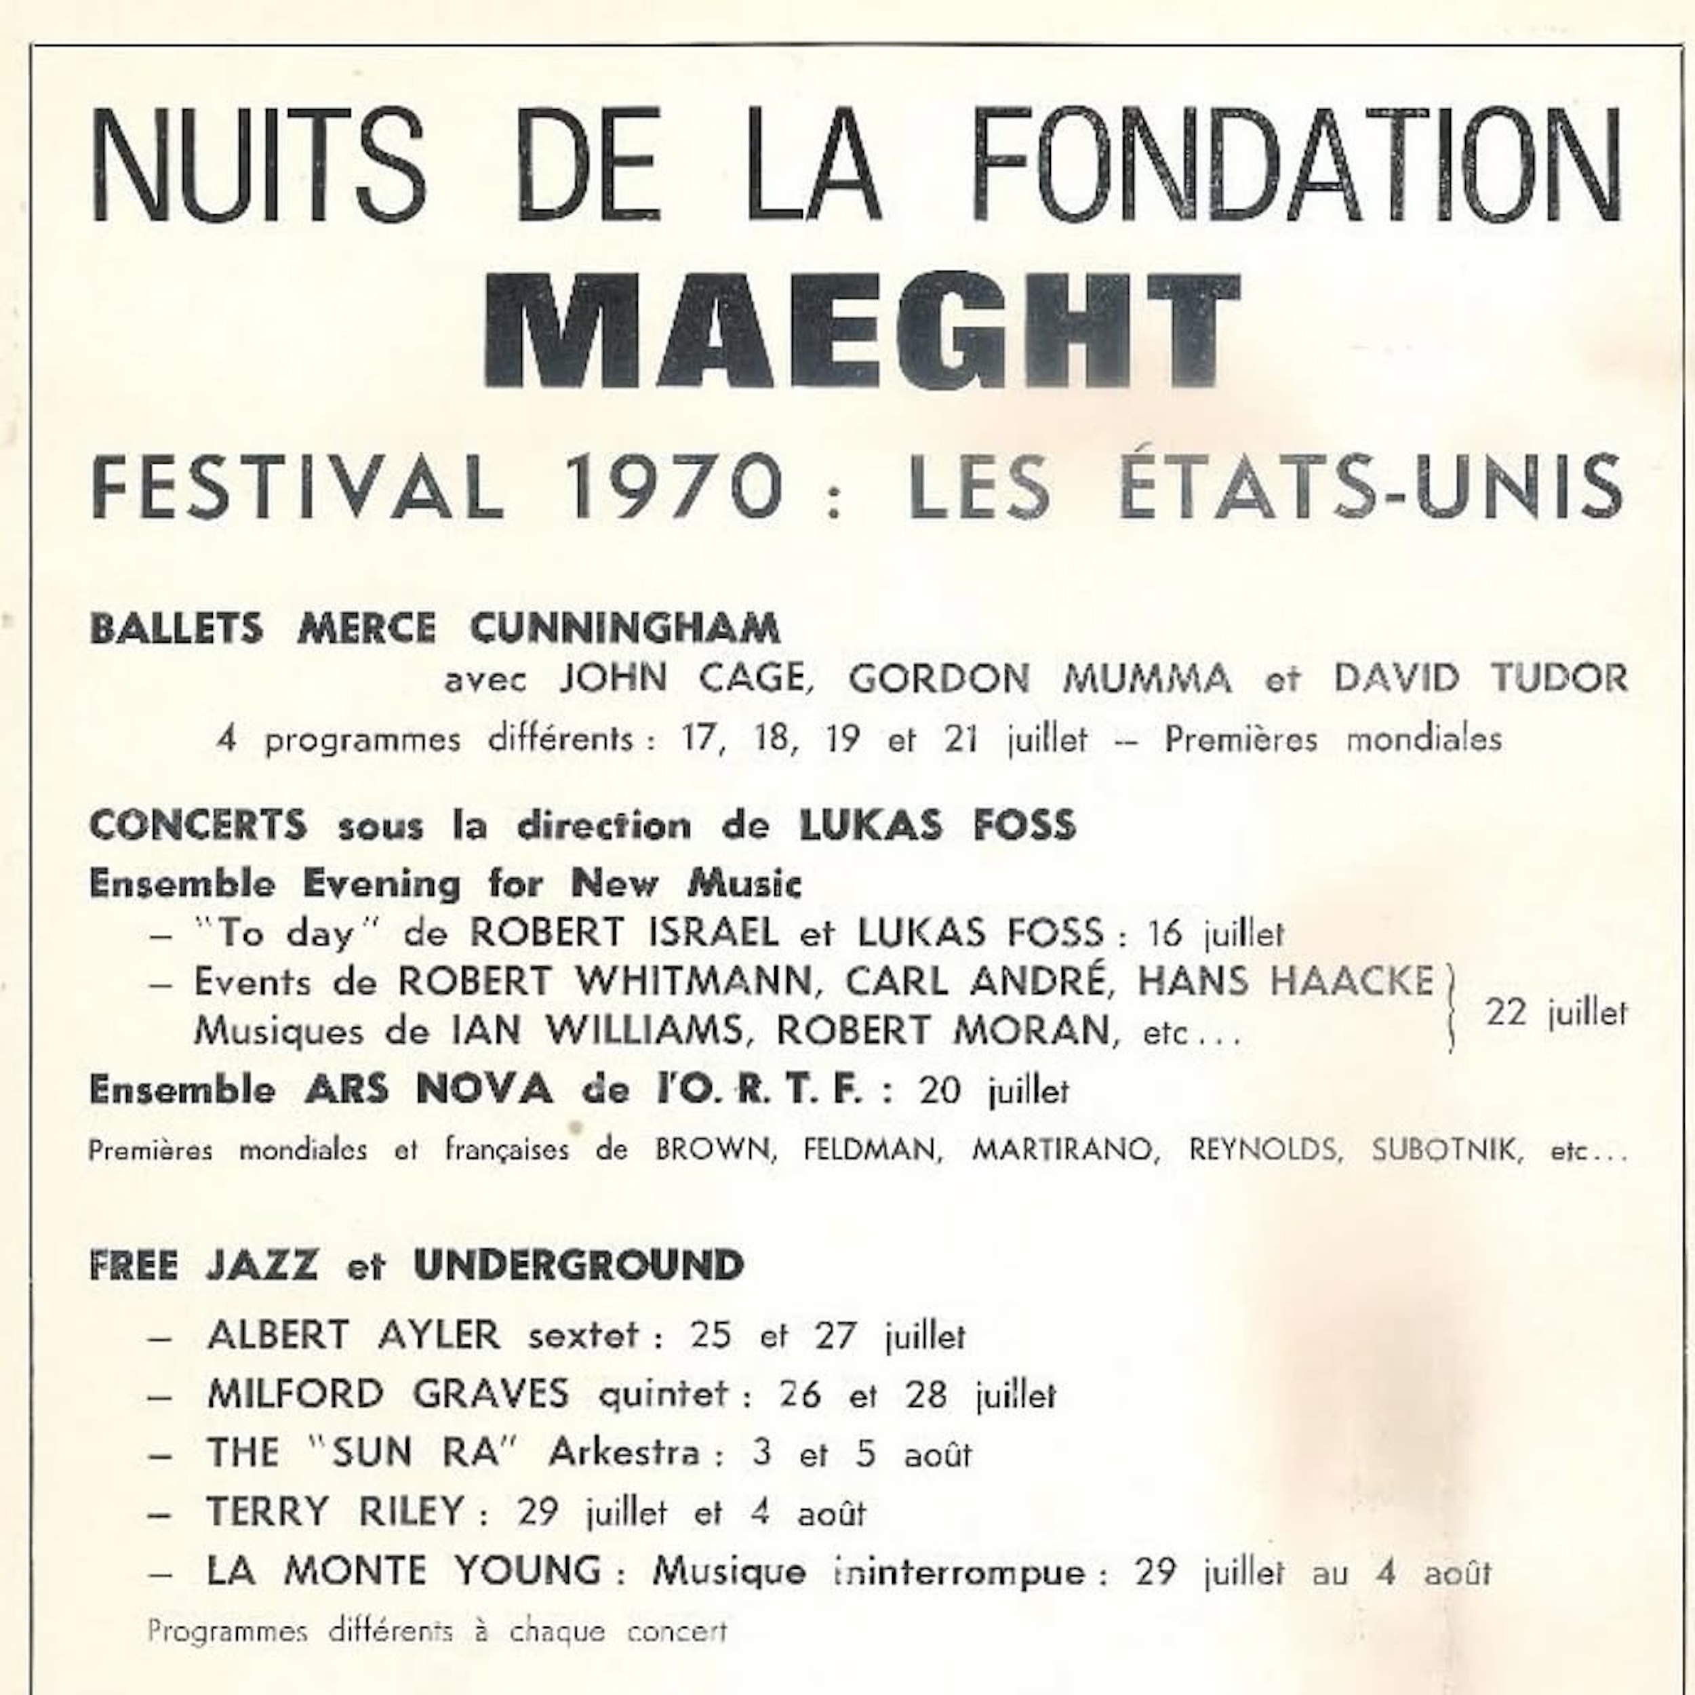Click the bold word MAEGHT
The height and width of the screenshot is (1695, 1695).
click(863, 331)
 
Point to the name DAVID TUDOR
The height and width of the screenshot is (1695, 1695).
click(1480, 678)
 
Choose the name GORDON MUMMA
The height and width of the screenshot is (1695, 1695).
click(1039, 678)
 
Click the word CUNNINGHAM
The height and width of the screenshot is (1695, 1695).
click(624, 629)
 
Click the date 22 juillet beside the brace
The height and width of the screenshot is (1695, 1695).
click(1555, 1014)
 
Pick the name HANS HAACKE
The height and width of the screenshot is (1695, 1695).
click(1285, 981)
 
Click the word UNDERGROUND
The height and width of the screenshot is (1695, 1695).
click(579, 1265)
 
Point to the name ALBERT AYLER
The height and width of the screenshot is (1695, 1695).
click(353, 1335)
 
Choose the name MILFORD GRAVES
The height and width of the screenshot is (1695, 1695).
click(388, 1394)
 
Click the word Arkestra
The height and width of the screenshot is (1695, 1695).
click(624, 1453)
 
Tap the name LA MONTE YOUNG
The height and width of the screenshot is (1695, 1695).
click(403, 1570)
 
